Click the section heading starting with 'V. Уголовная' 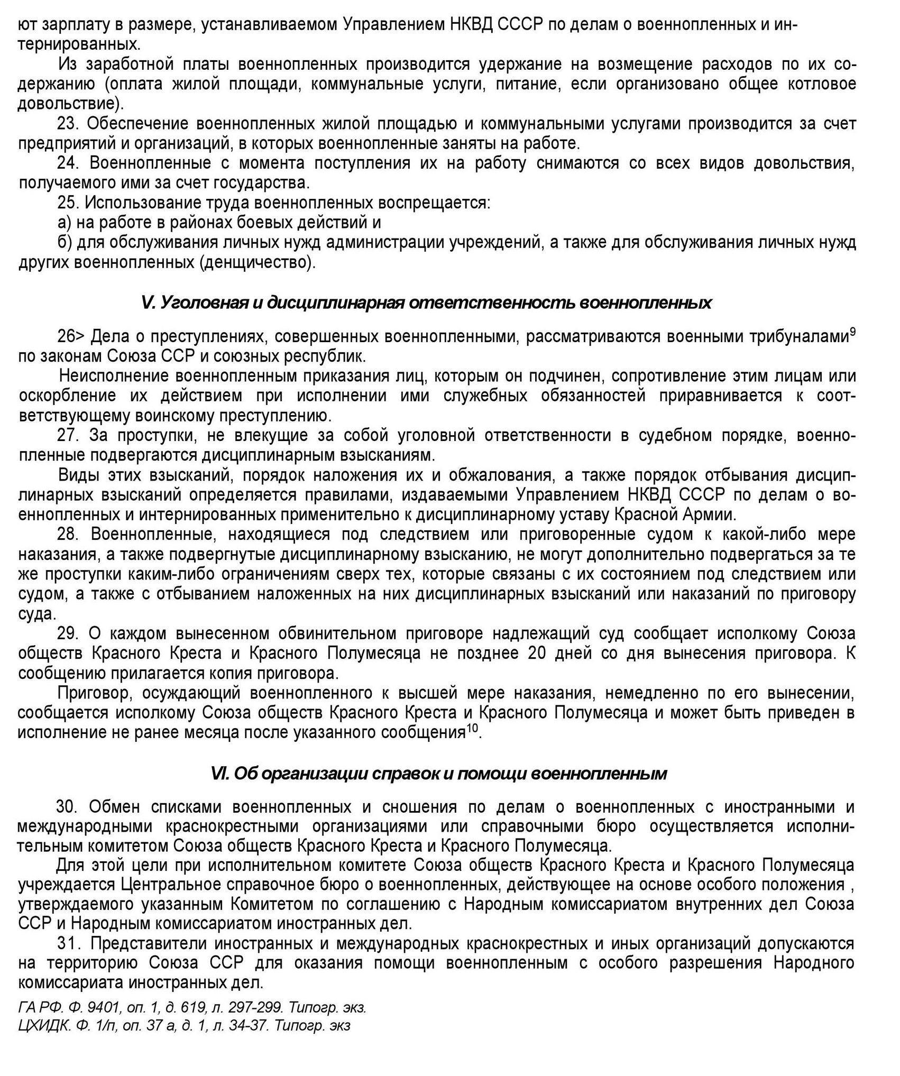coord(426,303)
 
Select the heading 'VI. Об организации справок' coord(438,774)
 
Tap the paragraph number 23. coord(68,124)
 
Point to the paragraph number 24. coord(68,163)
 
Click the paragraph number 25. coord(68,203)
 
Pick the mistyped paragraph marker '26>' coord(71,336)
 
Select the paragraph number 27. coord(68,436)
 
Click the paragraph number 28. coord(68,535)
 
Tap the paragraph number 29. coord(68,633)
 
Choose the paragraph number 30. coord(67,807)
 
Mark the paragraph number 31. coord(68,943)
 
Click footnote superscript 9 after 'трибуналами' coord(852,332)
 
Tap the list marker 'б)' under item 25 coord(65,243)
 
